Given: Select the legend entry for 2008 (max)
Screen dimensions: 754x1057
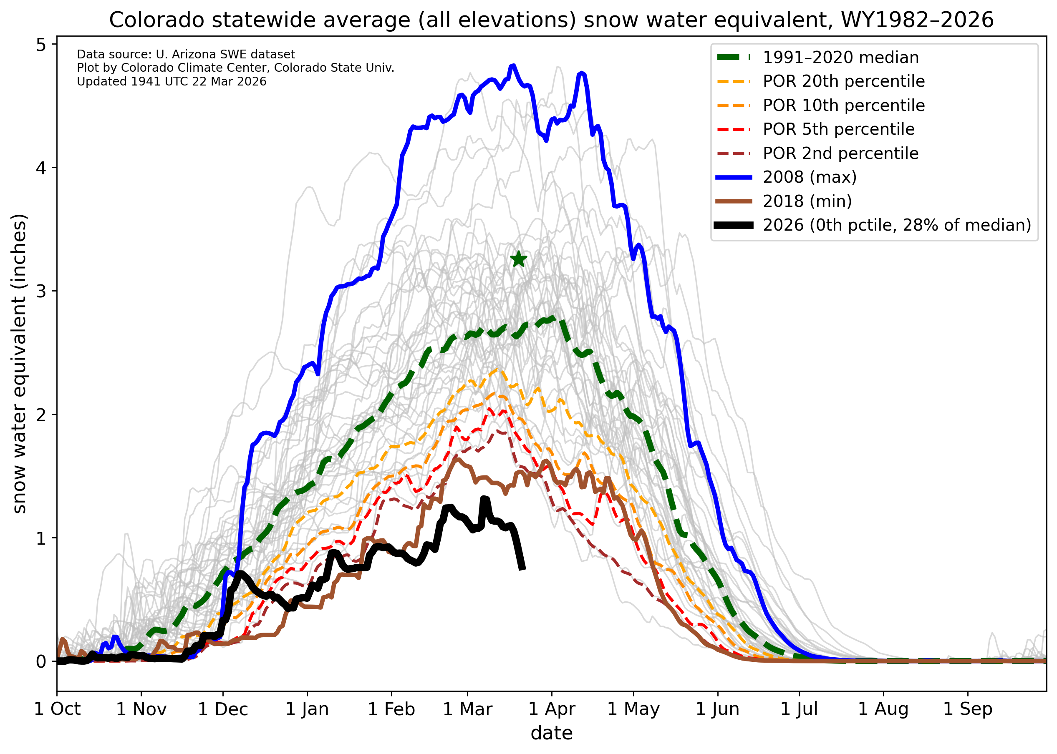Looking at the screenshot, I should [810, 177].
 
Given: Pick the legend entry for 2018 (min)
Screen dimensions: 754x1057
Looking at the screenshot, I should [807, 201].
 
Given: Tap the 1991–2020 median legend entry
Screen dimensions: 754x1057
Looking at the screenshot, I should [840, 57].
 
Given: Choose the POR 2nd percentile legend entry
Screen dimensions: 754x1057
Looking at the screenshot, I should [840, 153].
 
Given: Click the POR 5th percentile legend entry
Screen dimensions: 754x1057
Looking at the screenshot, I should [838, 129].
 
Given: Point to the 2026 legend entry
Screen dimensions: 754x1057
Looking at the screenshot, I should [896, 225].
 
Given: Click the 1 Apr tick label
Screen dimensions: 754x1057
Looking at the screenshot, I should [552, 709].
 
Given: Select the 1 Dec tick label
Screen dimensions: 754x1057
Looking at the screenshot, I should [222, 709].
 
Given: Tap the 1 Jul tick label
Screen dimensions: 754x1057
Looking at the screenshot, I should [799, 709].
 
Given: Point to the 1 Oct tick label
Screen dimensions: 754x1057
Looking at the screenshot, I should [57, 709].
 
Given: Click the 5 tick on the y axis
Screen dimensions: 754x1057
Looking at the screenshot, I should [41, 45].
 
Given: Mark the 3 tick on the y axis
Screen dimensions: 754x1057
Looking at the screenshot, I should [41, 291].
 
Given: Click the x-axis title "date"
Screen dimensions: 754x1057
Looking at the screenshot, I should [552, 733].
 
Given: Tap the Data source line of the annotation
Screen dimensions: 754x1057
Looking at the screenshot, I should [186, 54].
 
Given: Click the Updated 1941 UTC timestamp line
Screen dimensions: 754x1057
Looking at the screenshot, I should [172, 82].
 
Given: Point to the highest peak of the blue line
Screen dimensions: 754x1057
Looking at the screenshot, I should [513, 66].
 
